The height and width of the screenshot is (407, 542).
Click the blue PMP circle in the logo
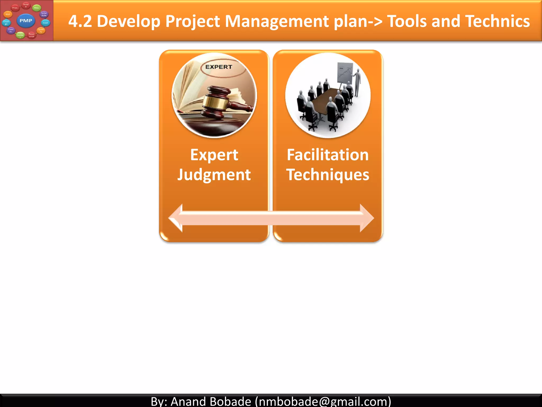point(26,21)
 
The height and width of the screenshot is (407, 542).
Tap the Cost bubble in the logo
point(46,23)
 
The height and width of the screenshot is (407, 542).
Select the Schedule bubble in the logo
point(44,14)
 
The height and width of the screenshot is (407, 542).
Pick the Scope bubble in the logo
point(26,5)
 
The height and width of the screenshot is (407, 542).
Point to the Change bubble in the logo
point(6,23)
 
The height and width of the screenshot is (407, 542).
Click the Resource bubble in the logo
point(31,35)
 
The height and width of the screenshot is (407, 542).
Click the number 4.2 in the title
point(80,21)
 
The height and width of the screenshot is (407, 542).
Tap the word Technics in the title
point(497,21)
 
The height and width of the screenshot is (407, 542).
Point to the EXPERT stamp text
point(219,67)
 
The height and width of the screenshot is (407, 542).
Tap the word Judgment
point(214,175)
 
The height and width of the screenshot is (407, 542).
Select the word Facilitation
point(328,155)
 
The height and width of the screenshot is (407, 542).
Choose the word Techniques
point(328,175)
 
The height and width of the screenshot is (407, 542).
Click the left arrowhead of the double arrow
point(175,218)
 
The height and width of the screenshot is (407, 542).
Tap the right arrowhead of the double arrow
point(367,218)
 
